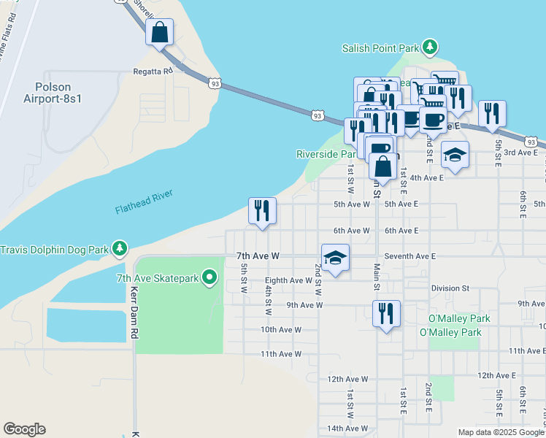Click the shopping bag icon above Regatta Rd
pyautogui.click(x=159, y=33)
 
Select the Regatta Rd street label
pyautogui.click(x=152, y=71)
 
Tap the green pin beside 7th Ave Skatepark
pyautogui.click(x=210, y=277)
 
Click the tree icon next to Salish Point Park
pyautogui.click(x=431, y=48)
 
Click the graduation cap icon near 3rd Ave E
pyautogui.click(x=455, y=155)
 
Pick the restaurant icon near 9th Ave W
pyautogui.click(x=386, y=313)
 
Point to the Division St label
pyautogui.click(x=449, y=288)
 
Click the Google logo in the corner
pyautogui.click(x=24, y=429)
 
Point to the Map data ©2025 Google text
pyautogui.click(x=500, y=432)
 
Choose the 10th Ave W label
pyautogui.click(x=281, y=329)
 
